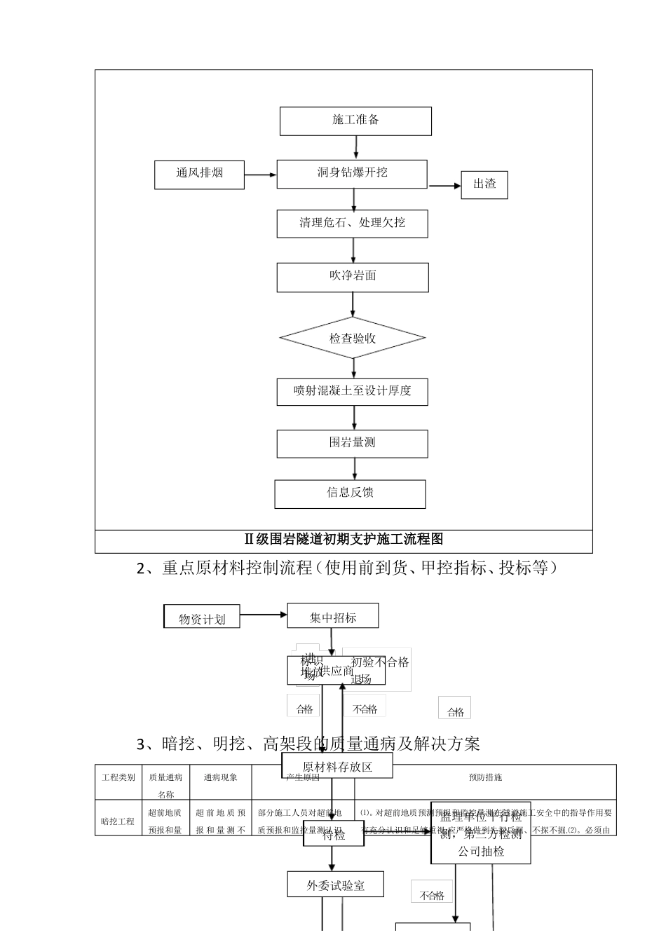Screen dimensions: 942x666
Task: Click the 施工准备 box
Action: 355,121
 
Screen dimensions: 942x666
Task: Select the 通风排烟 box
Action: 199,175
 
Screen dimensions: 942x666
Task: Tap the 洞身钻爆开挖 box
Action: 352,174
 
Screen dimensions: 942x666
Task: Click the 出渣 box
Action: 484,185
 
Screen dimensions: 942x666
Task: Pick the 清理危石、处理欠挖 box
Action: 352,224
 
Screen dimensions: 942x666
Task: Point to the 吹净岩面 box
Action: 352,277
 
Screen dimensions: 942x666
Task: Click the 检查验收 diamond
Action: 352,339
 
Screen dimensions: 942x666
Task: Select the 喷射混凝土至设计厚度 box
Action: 352,391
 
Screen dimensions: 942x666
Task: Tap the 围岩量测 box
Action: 352,443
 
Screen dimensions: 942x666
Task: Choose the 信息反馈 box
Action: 350,493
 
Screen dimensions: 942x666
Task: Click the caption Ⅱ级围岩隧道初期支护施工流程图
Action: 344,540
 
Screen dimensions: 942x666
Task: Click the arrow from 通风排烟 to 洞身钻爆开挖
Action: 260,175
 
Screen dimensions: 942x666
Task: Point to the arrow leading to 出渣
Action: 444,186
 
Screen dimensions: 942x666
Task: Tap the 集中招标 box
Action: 333,616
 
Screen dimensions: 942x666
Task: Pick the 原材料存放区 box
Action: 337,766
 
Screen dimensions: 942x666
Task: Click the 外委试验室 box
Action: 336,885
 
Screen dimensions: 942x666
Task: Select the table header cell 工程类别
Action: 118,778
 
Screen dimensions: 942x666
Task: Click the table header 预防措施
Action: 485,777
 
